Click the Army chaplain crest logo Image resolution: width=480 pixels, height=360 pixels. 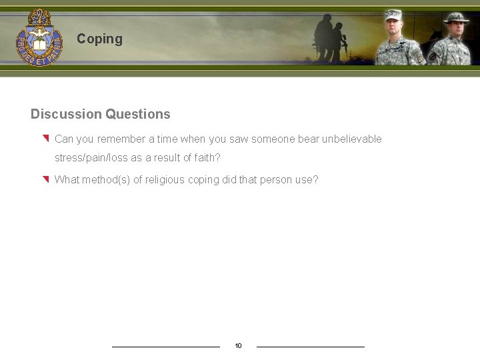click(39, 37)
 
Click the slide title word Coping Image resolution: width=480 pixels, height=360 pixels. click(99, 39)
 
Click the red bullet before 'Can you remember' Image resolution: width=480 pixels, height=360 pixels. click(45, 139)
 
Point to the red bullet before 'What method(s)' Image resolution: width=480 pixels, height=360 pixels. click(45, 179)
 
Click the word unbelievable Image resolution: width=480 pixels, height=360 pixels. click(352, 139)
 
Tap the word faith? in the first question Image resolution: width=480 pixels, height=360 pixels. click(205, 158)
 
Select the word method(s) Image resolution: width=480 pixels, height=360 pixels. click(106, 179)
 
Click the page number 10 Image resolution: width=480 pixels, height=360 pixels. click(238, 346)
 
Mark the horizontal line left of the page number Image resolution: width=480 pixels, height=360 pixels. click(165, 347)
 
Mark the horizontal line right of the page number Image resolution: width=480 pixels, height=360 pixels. click(311, 347)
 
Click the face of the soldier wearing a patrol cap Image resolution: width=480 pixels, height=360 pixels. click(393, 29)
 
